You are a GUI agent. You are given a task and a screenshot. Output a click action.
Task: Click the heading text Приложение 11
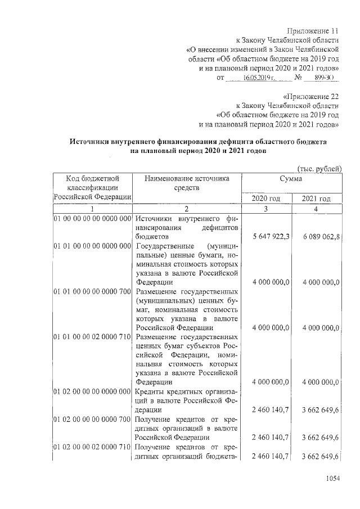tap(313, 30)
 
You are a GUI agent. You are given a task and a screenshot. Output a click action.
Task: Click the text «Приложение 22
tap(311, 95)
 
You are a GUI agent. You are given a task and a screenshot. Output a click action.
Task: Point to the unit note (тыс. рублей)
tap(318, 168)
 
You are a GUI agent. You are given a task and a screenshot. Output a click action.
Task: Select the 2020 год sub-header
tap(266, 199)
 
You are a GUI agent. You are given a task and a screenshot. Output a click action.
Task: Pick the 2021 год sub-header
tap(316, 199)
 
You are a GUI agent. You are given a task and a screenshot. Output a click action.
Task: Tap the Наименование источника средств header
tap(187, 183)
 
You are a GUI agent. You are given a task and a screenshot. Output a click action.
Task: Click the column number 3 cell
tap(267, 209)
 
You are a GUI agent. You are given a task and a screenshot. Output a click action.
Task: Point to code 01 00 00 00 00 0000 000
tap(92, 218)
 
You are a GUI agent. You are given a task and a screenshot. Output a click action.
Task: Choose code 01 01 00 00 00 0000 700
tap(92, 292)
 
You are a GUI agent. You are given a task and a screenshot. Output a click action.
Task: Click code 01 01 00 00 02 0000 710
tap(92, 337)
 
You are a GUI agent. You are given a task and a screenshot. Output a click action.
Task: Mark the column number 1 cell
tap(92, 209)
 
